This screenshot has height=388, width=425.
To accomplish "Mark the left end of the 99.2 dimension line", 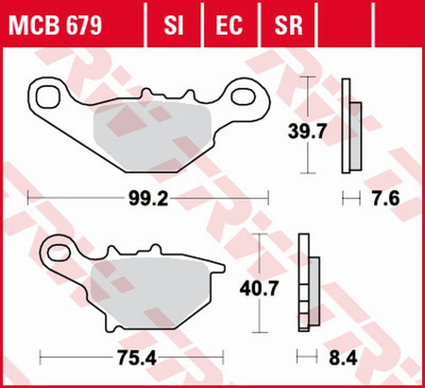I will [29, 200].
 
